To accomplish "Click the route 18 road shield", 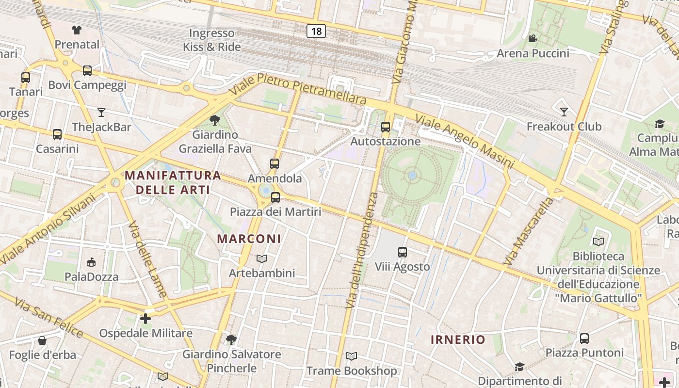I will pyautogui.click(x=316, y=32).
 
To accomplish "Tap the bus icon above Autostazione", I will pyautogui.click(x=386, y=128).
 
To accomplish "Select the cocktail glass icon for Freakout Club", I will pyautogui.click(x=564, y=112).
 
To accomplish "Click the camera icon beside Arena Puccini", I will pyautogui.click(x=533, y=39).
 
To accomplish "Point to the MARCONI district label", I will pyautogui.click(x=249, y=239).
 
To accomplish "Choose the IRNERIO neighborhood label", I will pyautogui.click(x=458, y=339).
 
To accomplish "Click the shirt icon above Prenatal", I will pyautogui.click(x=77, y=30).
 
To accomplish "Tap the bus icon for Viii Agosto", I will pyautogui.click(x=403, y=252).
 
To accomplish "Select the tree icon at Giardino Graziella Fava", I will pyautogui.click(x=214, y=120).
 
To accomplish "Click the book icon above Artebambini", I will pyautogui.click(x=262, y=259).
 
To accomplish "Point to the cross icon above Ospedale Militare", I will pyautogui.click(x=145, y=319).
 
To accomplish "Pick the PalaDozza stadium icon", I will pyautogui.click(x=91, y=262).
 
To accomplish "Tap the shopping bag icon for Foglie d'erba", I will pyautogui.click(x=42, y=340).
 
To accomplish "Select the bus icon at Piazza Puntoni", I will pyautogui.click(x=584, y=339).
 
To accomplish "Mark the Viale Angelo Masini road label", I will pyautogui.click(x=464, y=141).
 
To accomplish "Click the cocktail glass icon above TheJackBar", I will pyautogui.click(x=101, y=113).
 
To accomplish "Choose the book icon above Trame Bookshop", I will pyautogui.click(x=352, y=356).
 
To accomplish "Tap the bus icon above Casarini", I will pyautogui.click(x=57, y=134).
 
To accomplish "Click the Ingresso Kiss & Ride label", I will pyautogui.click(x=211, y=40).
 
